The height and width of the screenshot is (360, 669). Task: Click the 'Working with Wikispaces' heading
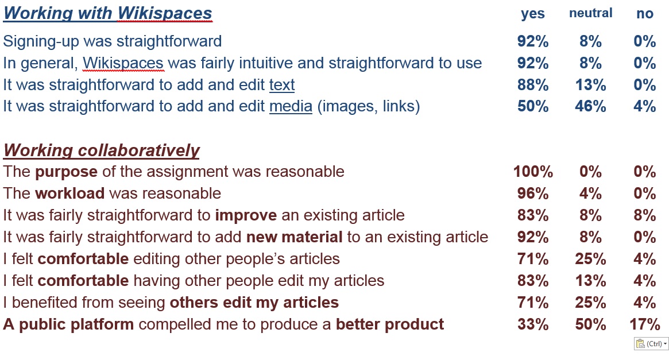[107, 14]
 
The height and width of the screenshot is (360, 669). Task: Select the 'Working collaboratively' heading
[101, 150]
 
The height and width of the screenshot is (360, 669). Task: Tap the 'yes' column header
[532, 14]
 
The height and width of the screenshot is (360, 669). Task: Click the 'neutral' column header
[590, 13]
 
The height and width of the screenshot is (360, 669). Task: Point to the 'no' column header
[645, 14]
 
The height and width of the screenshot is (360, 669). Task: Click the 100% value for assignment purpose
[533, 172]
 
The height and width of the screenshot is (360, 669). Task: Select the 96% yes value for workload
[533, 193]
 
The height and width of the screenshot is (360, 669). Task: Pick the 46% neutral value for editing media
[590, 106]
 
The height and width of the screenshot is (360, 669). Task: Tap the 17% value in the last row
[645, 324]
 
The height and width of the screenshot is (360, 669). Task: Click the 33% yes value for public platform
[533, 324]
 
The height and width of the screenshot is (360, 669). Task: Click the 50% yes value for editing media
[533, 106]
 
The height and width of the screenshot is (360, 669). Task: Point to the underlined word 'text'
[282, 85]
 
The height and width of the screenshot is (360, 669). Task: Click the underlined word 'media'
[291, 106]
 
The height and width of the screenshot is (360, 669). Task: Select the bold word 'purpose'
[66, 172]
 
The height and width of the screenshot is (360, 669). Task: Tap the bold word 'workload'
[69, 193]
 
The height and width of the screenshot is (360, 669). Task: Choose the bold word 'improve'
[246, 215]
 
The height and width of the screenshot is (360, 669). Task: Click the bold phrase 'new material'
[295, 237]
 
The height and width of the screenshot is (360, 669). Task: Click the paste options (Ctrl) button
[651, 344]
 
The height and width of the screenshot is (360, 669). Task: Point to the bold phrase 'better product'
[390, 324]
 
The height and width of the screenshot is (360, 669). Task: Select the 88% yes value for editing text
[533, 85]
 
